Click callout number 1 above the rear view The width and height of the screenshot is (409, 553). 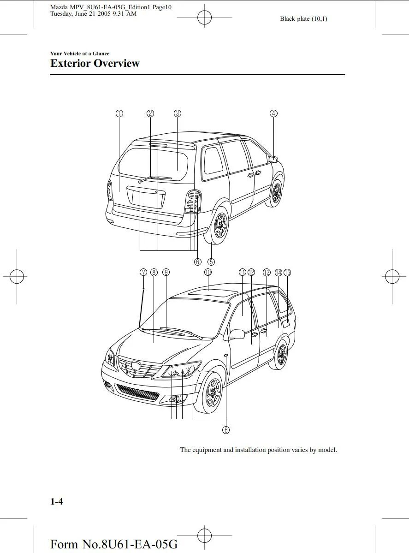(x=119, y=113)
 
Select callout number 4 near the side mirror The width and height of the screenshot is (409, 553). (x=273, y=113)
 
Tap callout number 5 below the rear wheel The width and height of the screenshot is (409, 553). (x=211, y=262)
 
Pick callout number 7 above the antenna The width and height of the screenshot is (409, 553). (x=143, y=272)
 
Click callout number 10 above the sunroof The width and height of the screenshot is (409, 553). (x=208, y=272)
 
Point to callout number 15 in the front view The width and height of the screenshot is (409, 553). (x=287, y=272)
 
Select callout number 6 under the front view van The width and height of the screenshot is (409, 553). (x=226, y=430)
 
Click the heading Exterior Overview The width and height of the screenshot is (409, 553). (x=95, y=64)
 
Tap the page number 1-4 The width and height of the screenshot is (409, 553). (x=57, y=502)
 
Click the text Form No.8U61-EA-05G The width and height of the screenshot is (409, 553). (x=113, y=544)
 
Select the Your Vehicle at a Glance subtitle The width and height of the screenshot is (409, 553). (x=80, y=54)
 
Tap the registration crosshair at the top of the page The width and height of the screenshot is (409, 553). (x=204, y=18)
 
